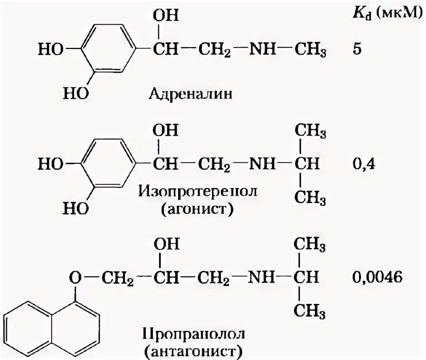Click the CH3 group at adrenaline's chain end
point(310,49)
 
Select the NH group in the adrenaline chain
point(261,49)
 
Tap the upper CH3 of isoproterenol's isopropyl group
point(310,132)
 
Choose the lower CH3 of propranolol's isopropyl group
point(310,311)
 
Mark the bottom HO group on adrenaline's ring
point(75,94)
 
